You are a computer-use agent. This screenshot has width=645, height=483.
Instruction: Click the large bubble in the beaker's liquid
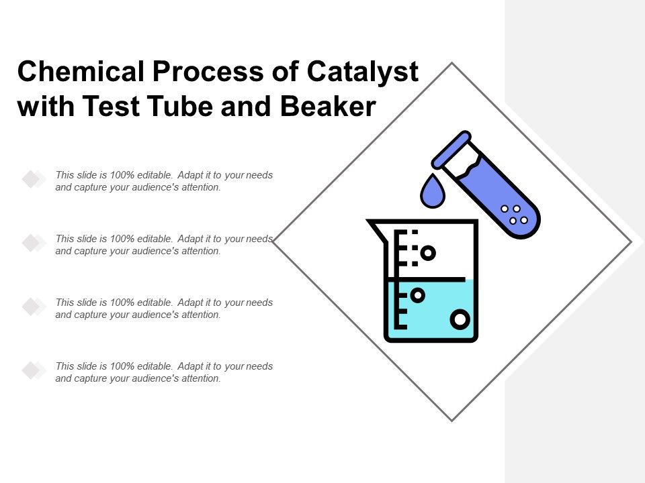pyautogui.click(x=460, y=320)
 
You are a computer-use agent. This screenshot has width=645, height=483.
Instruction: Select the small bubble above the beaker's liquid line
pyautogui.click(x=428, y=253)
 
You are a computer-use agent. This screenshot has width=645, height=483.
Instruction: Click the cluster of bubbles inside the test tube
pyautogui.click(x=515, y=215)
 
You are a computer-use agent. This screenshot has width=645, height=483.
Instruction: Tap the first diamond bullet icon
pyautogui.click(x=32, y=179)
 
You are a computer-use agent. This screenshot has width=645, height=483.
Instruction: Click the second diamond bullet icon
pyautogui.click(x=32, y=243)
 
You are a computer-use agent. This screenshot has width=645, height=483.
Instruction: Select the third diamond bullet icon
pyautogui.click(x=32, y=307)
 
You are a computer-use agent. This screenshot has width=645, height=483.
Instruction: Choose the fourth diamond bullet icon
pyautogui.click(x=32, y=370)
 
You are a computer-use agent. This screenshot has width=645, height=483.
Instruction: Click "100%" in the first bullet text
pyautogui.click(x=124, y=176)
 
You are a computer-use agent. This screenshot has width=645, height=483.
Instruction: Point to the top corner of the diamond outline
pyautogui.click(x=452, y=63)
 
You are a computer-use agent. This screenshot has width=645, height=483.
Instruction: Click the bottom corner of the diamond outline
pyautogui.click(x=452, y=421)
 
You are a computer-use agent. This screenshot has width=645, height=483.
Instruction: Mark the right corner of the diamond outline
pyautogui.click(x=632, y=242)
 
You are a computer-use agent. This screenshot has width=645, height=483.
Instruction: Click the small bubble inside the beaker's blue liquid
pyautogui.click(x=417, y=294)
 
